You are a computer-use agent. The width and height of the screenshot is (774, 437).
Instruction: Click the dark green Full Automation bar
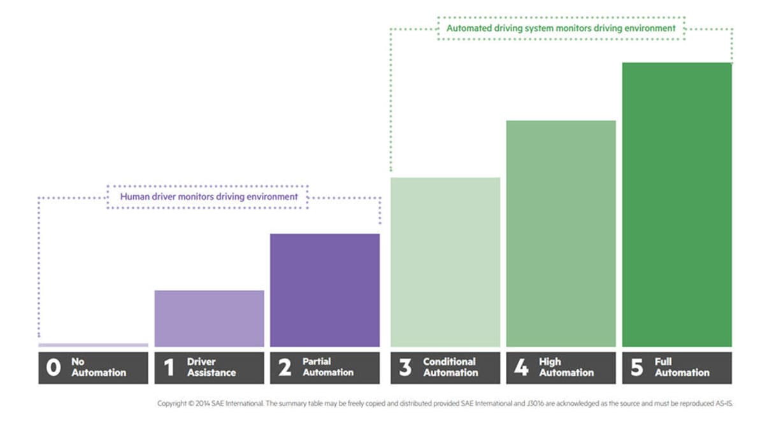click(677, 204)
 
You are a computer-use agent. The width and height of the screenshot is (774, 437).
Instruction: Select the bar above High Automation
click(561, 233)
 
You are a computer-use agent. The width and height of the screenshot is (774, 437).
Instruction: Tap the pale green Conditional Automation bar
click(445, 262)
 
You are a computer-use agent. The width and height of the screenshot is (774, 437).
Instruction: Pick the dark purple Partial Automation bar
click(325, 290)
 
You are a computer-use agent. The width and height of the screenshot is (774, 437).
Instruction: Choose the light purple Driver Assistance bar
click(209, 319)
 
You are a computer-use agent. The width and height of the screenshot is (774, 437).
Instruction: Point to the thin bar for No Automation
click(93, 345)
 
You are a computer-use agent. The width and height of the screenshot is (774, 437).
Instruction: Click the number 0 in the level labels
click(54, 368)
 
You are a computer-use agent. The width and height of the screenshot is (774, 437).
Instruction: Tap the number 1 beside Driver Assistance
click(169, 368)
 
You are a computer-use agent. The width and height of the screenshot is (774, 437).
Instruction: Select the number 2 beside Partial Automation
click(285, 368)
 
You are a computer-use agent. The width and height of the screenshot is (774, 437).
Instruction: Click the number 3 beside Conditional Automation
click(405, 368)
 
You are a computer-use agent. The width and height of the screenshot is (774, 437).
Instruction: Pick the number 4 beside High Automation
click(521, 368)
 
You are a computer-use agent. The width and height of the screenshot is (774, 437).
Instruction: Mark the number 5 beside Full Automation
click(637, 368)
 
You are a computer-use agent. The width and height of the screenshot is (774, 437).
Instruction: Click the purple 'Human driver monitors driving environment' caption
click(209, 197)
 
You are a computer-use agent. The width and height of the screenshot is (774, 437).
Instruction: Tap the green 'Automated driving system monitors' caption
click(561, 29)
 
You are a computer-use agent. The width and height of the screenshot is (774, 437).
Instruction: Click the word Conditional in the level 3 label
click(449, 362)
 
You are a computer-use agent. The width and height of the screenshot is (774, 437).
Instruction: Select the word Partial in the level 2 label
click(317, 362)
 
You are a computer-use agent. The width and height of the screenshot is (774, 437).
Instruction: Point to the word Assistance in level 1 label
click(211, 373)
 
